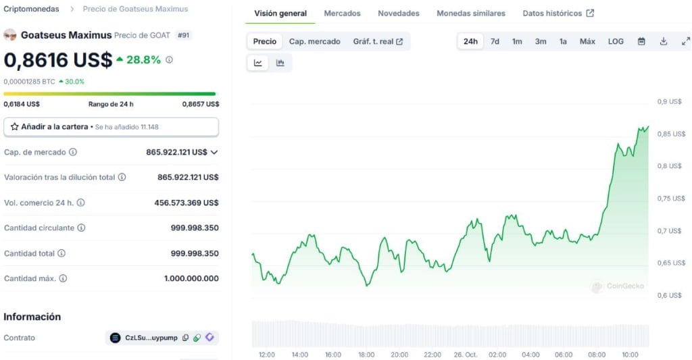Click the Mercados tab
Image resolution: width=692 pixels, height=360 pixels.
[342, 14]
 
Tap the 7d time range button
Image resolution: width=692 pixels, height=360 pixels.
[495, 41]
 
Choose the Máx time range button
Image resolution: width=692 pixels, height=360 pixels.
[587, 41]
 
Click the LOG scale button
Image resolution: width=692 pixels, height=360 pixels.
[616, 41]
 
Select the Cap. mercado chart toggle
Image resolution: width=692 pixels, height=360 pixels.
[314, 41]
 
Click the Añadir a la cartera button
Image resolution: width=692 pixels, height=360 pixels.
[111, 126]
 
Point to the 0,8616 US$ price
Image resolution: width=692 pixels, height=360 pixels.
[58, 60]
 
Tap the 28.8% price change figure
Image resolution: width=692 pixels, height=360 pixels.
[143, 60]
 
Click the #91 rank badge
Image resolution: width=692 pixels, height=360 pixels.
[183, 35]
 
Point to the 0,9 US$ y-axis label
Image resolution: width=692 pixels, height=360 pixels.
[670, 101]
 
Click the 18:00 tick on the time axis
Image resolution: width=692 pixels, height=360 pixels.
[366, 355]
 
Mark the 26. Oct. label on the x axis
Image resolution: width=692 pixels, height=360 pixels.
[465, 355]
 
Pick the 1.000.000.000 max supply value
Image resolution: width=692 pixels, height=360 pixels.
[191, 278]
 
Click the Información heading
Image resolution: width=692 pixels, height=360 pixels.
[32, 317]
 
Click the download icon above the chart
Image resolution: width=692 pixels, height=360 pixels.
[664, 41]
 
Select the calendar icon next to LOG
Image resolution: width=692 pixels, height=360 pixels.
[641, 41]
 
